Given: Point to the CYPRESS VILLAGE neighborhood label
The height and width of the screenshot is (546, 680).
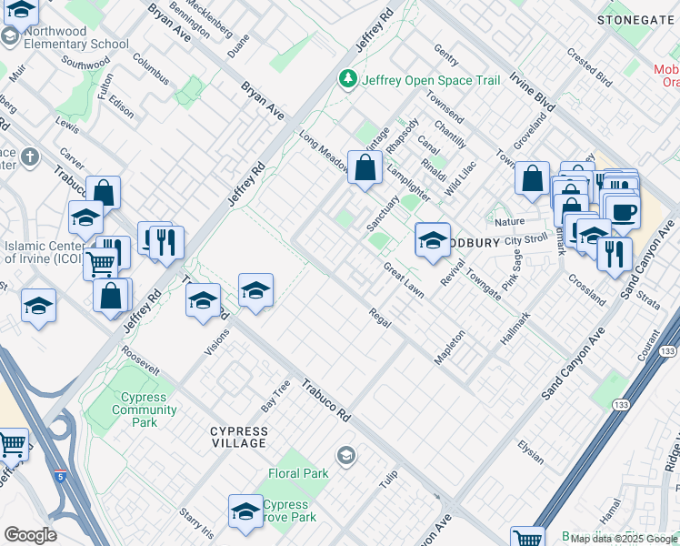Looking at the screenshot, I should tap(238, 437).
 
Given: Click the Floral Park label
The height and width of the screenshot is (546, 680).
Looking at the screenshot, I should tap(298, 473).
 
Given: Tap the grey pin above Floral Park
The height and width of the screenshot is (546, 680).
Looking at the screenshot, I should tap(345, 453).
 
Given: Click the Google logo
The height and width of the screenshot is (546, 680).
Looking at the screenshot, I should tap(30, 535).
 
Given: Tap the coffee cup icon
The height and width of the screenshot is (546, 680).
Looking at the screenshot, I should tap(623, 211).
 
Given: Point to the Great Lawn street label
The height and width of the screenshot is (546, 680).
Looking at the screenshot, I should tap(404, 279).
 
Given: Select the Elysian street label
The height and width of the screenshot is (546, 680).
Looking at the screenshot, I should tap(530, 448).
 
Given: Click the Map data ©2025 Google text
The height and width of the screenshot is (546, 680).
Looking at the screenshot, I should tap(623, 539).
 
